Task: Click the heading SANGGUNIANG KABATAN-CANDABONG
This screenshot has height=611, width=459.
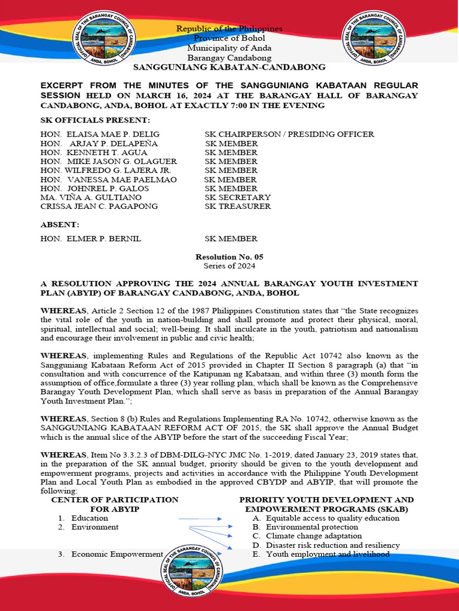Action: [x=229, y=67]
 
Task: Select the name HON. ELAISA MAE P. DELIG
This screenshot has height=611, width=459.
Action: [x=100, y=134]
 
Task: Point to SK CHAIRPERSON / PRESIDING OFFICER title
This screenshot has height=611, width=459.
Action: [x=289, y=134]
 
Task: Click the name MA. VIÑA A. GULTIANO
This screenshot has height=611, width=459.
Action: [x=91, y=198]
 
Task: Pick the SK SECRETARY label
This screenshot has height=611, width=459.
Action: [x=238, y=198]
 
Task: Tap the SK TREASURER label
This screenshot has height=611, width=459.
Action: [x=238, y=206]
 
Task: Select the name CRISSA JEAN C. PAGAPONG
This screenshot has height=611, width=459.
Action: [x=99, y=206]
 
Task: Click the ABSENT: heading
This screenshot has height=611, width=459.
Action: [x=59, y=224]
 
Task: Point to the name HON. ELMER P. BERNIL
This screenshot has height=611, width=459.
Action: [x=91, y=239]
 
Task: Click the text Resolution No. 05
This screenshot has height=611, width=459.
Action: [x=229, y=257]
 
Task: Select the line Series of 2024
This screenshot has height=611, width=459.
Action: [x=229, y=266]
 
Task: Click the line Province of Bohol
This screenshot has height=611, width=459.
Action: [x=229, y=39]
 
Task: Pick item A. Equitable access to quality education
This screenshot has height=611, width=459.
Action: [x=326, y=519]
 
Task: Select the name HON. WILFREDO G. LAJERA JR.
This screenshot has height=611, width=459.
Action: [x=97, y=171]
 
